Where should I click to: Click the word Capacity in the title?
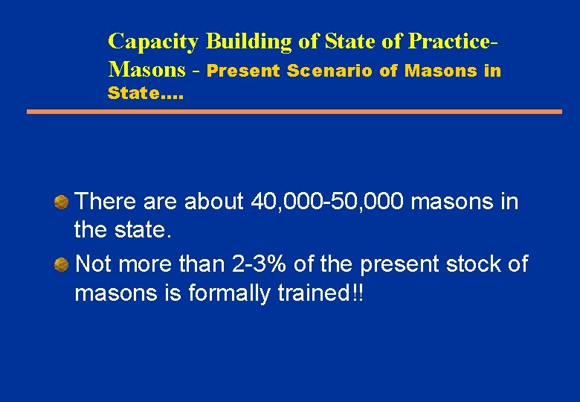click(x=153, y=42)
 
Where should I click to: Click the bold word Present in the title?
click(x=243, y=71)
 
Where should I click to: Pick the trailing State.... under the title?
click(x=146, y=94)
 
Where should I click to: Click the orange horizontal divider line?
click(x=294, y=112)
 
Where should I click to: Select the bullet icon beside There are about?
click(x=62, y=201)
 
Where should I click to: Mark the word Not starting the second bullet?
click(x=94, y=264)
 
